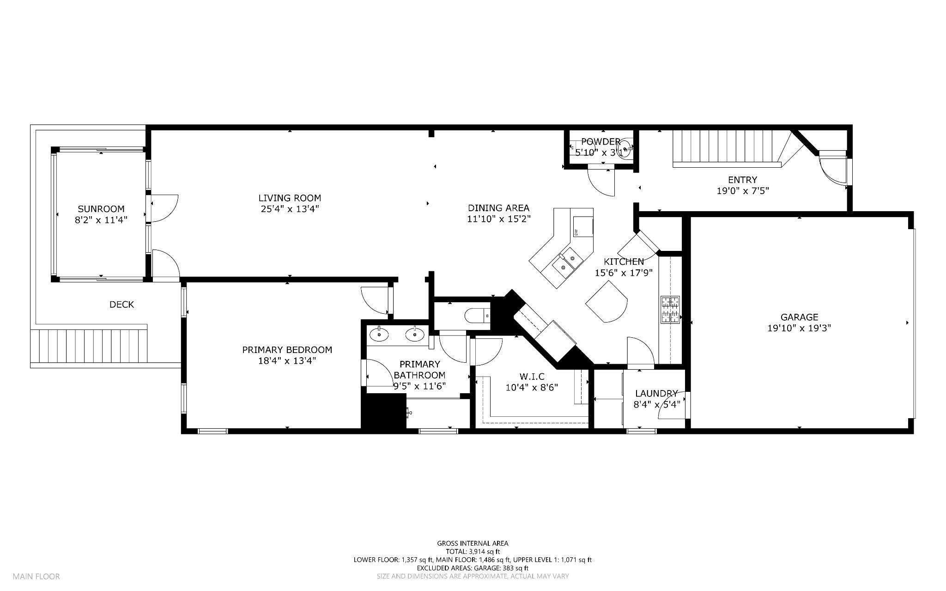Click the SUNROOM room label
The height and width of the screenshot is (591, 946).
[x=101, y=209]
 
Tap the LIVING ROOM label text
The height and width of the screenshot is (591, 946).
[x=290, y=198]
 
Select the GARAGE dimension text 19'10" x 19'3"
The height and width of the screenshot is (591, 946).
[x=799, y=328]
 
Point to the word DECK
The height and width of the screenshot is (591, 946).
[x=121, y=305]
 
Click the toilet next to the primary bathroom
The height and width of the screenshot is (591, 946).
[x=477, y=316]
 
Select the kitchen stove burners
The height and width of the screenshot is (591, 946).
[x=670, y=309]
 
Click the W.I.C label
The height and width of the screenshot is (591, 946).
[x=531, y=377]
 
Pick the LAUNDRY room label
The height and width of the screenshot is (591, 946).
[x=656, y=394]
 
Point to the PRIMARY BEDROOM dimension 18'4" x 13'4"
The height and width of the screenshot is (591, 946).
[x=287, y=360]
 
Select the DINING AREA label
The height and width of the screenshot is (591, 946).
[x=498, y=208]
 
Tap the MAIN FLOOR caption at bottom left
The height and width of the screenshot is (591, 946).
[x=36, y=576]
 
